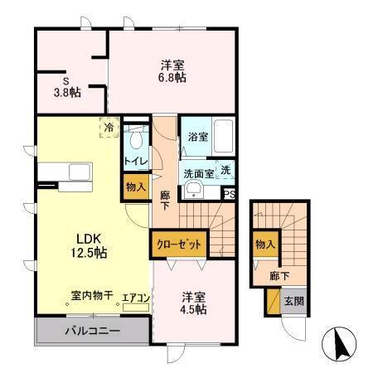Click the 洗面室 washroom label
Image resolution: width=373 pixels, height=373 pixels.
click(199, 173)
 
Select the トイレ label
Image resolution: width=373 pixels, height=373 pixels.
click(135, 161)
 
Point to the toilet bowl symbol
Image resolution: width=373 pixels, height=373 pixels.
click(136, 139)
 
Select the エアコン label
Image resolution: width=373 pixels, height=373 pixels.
click(134, 298)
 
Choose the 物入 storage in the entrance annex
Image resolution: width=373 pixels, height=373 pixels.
click(264, 245)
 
